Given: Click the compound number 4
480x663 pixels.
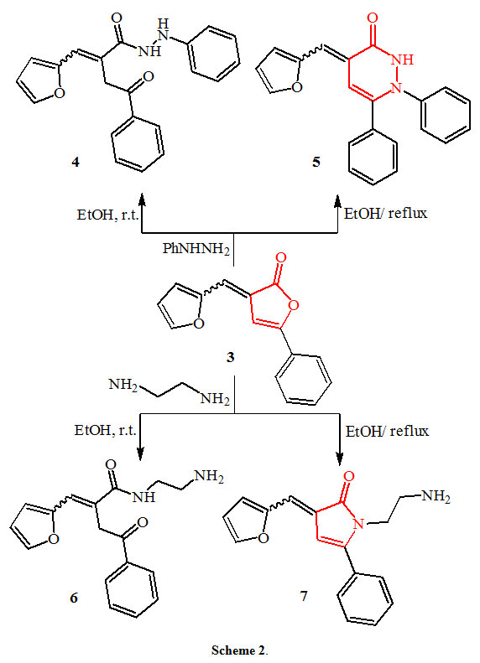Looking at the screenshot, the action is coord(76,162).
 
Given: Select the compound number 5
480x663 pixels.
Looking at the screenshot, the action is coord(316,162).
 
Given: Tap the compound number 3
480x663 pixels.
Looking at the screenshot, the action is coord(230,358).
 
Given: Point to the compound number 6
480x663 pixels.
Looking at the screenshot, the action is coord(74,598).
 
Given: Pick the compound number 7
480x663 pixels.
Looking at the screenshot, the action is coord(304,596).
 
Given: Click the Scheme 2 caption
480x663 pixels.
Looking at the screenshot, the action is coord(239,650).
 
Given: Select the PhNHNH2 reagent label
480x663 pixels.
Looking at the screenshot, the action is coord(196,249).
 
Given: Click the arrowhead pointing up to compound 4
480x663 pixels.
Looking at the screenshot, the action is coord(142,199).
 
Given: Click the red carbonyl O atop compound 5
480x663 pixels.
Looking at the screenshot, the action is coord(373,18).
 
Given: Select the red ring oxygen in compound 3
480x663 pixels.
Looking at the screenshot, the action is coord(295,304).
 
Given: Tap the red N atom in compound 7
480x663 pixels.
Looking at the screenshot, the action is coord(358,525).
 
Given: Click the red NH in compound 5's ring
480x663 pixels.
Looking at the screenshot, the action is coord(401,60).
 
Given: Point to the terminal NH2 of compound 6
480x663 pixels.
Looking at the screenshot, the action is coord(208,477).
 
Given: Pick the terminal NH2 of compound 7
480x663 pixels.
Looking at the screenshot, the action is coord(436,495).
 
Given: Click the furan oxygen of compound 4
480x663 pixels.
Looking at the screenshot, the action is coord(60,93).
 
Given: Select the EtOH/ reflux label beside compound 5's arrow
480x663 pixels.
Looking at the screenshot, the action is coord(386,213).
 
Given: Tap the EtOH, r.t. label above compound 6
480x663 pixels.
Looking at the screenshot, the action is coord(106,431).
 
